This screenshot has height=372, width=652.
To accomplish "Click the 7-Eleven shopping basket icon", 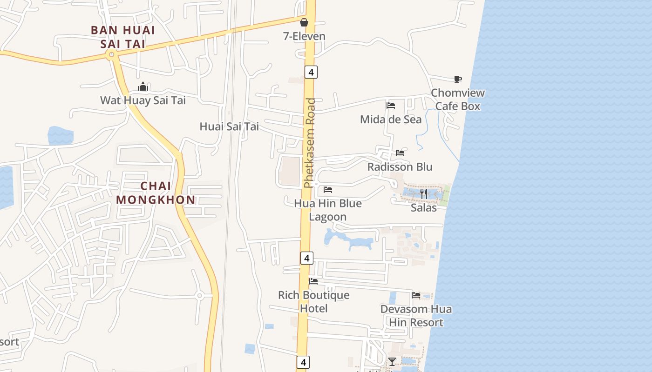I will tap(304, 22).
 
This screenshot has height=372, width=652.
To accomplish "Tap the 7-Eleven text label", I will tap(304, 36).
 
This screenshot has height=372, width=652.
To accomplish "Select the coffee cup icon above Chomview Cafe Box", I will tap(458, 80).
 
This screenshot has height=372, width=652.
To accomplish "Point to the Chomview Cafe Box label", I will tap(457, 100).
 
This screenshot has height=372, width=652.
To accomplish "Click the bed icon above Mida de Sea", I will tap(391, 106).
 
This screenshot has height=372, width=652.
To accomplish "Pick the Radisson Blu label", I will tap(400, 167).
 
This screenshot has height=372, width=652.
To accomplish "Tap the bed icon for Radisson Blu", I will tap(400, 153).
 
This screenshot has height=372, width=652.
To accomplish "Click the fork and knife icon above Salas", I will tap(424, 193).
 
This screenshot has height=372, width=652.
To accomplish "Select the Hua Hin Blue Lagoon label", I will tap(328, 210).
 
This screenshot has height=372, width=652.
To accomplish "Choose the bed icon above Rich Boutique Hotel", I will tap(313, 281).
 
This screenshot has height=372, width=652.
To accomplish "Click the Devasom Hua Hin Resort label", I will tap(416, 316).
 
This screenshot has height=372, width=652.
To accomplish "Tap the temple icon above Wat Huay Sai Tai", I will tap(143, 86).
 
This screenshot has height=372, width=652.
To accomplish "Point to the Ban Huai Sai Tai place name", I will tap(122, 37).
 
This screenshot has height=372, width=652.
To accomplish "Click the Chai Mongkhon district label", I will tap(156, 193).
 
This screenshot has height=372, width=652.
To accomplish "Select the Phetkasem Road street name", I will tap(309, 143).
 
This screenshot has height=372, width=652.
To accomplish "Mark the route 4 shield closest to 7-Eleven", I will tap(311, 72).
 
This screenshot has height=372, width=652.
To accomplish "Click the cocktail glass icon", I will tap(392, 361).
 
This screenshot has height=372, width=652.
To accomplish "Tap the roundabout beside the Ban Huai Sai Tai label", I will tap(111, 55).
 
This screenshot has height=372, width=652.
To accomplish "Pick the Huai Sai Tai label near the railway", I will tap(229, 126).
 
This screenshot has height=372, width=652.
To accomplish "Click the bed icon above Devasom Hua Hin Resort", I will tap(416, 295).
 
